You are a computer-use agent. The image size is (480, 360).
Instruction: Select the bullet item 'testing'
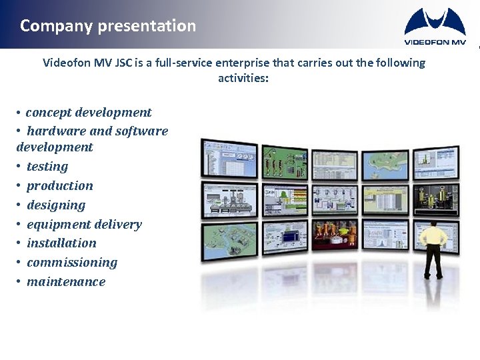[47, 167]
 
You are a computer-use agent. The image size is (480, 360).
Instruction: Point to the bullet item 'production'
[60, 186]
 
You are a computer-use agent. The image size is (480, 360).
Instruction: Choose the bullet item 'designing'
[56, 205]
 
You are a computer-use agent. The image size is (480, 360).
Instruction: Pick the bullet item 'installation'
[61, 243]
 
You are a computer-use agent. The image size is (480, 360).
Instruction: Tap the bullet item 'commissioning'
[72, 263]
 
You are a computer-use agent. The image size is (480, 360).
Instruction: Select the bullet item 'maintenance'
[66, 282]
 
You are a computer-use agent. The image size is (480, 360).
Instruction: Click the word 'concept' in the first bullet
[49, 113]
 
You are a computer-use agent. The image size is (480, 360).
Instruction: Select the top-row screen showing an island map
[385, 163]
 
